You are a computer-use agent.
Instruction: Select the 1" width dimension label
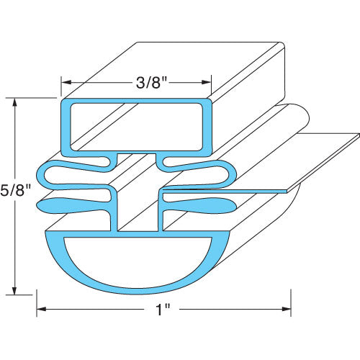(164, 310)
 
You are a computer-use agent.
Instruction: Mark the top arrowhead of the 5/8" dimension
(15, 102)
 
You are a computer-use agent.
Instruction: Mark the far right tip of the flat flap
(357, 133)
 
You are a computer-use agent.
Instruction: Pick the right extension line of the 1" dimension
(290, 302)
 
